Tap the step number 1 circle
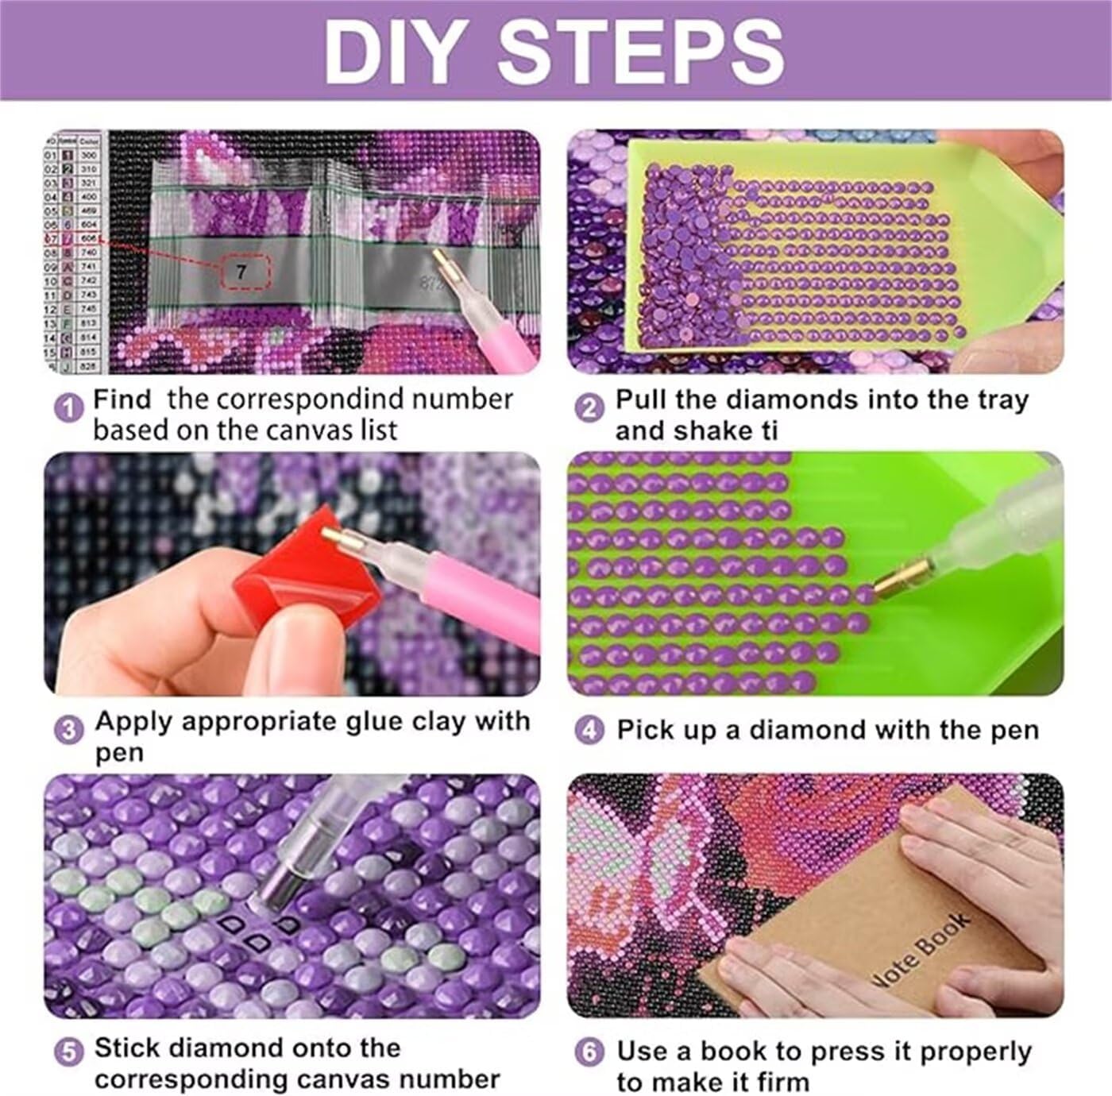tap(69, 409)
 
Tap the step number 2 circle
tap(589, 409)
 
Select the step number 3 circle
tap(69, 730)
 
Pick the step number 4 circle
tap(589, 730)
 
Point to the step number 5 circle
tap(69, 1053)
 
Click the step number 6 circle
tap(589, 1053)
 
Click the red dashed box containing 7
tap(242, 272)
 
